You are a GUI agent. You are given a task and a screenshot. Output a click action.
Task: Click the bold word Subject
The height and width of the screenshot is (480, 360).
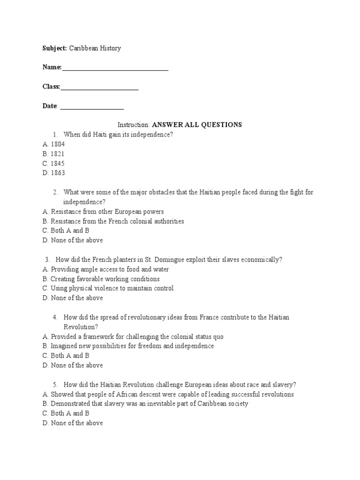pos(54,48)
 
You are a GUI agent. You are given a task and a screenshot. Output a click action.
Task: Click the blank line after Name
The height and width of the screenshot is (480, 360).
pos(115,70)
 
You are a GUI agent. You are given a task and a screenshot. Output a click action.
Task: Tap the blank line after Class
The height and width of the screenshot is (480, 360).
pos(99,89)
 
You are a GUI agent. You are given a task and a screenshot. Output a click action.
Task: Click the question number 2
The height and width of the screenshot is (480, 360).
pos(55,192)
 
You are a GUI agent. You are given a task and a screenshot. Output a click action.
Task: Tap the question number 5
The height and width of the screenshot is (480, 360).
pos(55,384)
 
